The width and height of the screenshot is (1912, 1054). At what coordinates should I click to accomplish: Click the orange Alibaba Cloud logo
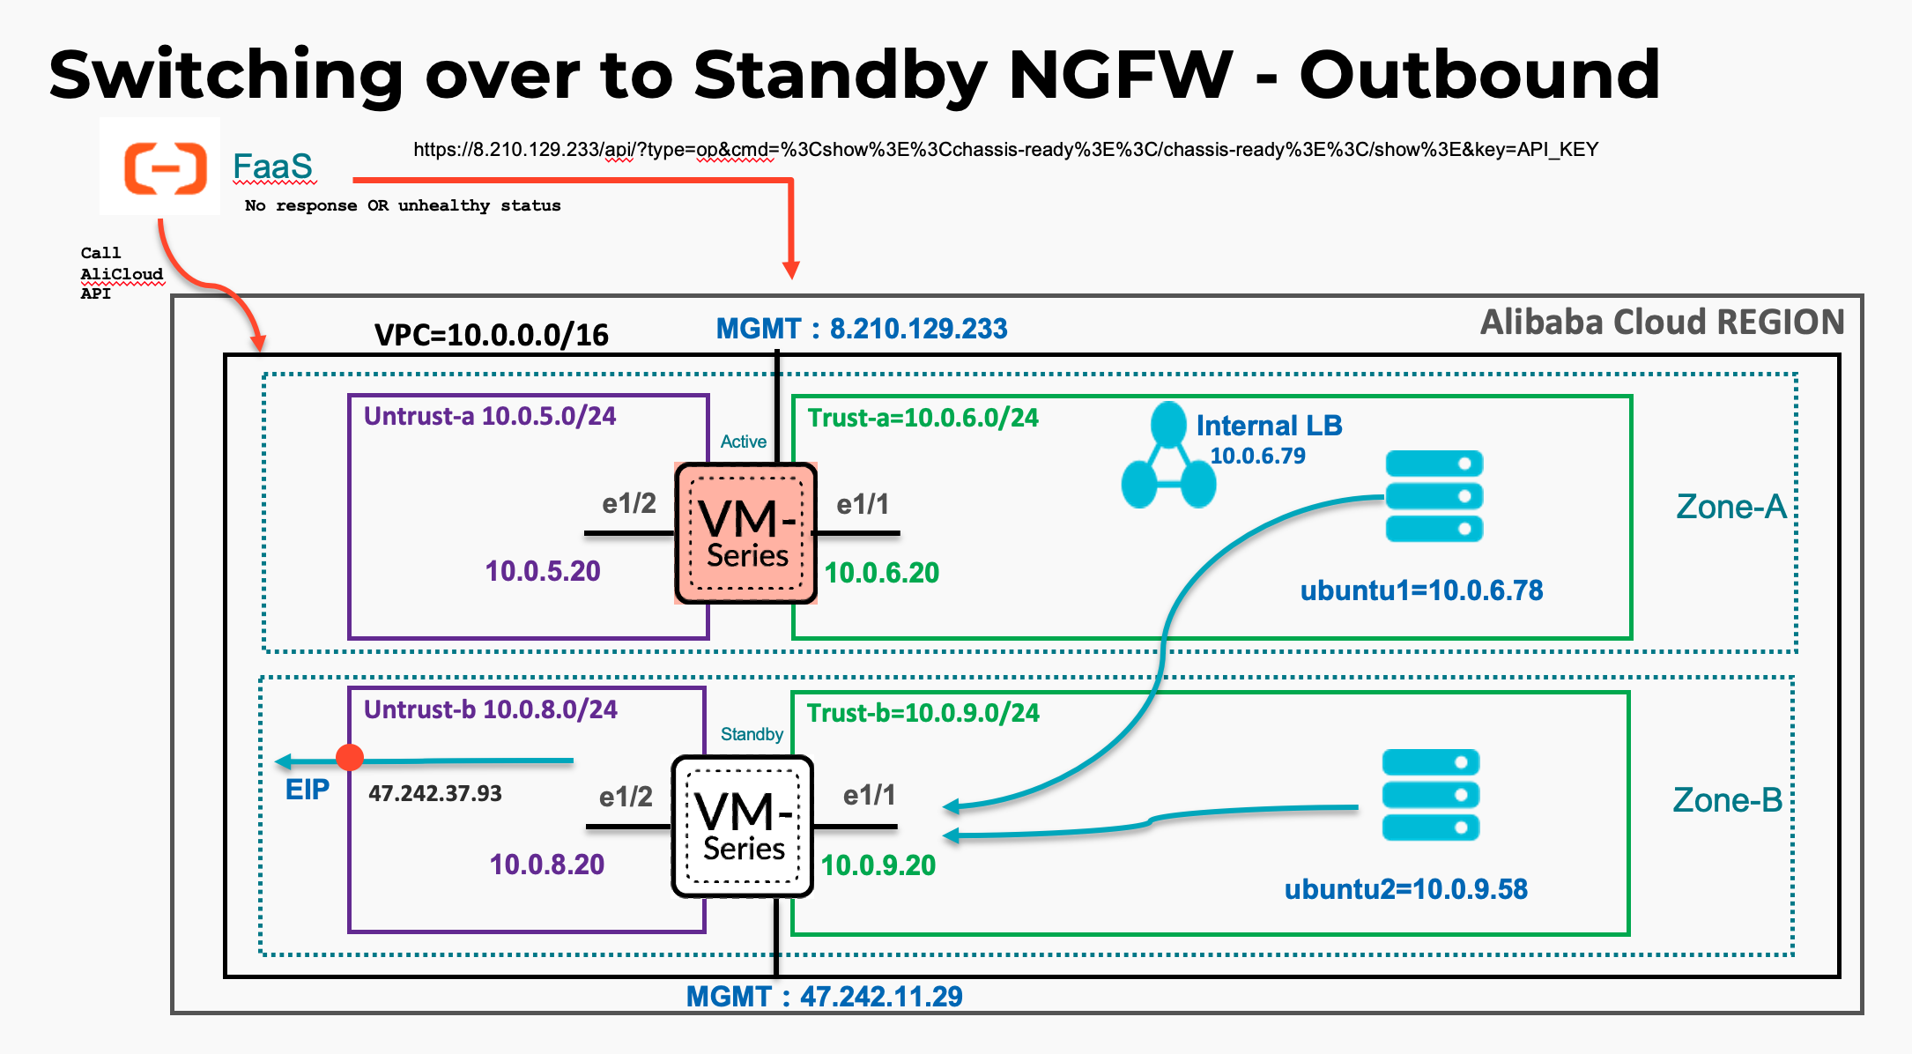pyautogui.click(x=165, y=167)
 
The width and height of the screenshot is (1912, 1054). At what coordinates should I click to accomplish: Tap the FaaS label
pyautogui.click(x=272, y=167)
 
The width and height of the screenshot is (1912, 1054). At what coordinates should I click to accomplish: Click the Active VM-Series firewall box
pyautogui.click(x=745, y=533)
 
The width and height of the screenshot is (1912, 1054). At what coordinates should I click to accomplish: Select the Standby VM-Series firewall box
pyautogui.click(x=742, y=827)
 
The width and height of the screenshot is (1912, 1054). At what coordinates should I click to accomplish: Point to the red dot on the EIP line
pyautogui.click(x=350, y=757)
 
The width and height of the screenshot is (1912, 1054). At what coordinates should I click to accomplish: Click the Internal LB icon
pyautogui.click(x=1168, y=456)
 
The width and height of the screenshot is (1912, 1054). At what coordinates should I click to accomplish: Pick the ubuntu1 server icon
pyautogui.click(x=1434, y=496)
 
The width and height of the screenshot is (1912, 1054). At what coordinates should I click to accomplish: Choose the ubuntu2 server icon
pyautogui.click(x=1430, y=795)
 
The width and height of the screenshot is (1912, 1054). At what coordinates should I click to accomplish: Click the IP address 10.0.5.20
pyautogui.click(x=543, y=571)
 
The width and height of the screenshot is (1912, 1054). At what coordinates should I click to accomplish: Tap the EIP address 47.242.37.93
pyautogui.click(x=435, y=793)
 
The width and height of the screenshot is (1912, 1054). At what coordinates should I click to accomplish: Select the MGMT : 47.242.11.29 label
pyautogui.click(x=824, y=997)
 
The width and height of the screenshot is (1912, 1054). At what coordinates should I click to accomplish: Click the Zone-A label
pyautogui.click(x=1730, y=507)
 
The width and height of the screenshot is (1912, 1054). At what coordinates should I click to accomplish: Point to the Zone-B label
pyautogui.click(x=1727, y=800)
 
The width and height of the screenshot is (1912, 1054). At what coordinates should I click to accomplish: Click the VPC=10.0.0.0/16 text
pyautogui.click(x=491, y=335)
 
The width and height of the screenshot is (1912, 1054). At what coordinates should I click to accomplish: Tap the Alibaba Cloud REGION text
pyautogui.click(x=1662, y=323)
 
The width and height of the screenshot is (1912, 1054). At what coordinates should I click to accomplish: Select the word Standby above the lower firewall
pyautogui.click(x=752, y=734)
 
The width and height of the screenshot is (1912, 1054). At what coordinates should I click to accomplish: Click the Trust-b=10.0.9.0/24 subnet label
pyautogui.click(x=923, y=713)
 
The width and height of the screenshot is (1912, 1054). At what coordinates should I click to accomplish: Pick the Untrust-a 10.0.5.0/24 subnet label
pyautogui.click(x=490, y=416)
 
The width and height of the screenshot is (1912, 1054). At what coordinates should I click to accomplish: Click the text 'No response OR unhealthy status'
pyautogui.click(x=403, y=205)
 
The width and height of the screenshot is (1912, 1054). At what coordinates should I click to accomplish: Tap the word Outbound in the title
pyautogui.click(x=1479, y=75)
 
